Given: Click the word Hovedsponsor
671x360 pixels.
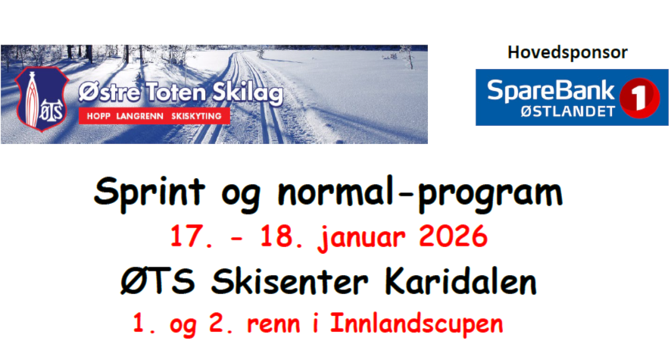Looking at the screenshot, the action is [x=567, y=53].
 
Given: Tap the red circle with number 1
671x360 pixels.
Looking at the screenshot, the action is [x=639, y=98].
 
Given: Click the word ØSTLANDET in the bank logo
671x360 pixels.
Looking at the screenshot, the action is [x=567, y=111].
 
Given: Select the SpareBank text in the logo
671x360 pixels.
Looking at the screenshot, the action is [x=551, y=91].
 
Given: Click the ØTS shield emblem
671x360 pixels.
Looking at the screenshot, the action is [x=42, y=99].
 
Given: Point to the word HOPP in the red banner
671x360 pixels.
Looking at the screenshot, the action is [x=98, y=116].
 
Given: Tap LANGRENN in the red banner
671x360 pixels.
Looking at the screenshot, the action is [x=140, y=116].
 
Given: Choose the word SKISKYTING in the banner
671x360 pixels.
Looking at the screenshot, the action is [x=196, y=116].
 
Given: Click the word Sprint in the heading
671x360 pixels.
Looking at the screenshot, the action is [x=149, y=193].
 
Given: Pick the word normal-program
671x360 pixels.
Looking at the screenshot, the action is [x=420, y=193].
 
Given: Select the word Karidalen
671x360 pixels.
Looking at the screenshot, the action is [x=460, y=282].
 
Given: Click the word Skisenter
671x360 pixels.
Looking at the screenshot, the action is [x=289, y=282].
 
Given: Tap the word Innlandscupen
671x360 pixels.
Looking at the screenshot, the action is [x=417, y=324].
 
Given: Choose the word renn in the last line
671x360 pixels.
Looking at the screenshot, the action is [x=273, y=325].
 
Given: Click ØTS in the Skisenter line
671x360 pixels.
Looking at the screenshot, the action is [x=158, y=282].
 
